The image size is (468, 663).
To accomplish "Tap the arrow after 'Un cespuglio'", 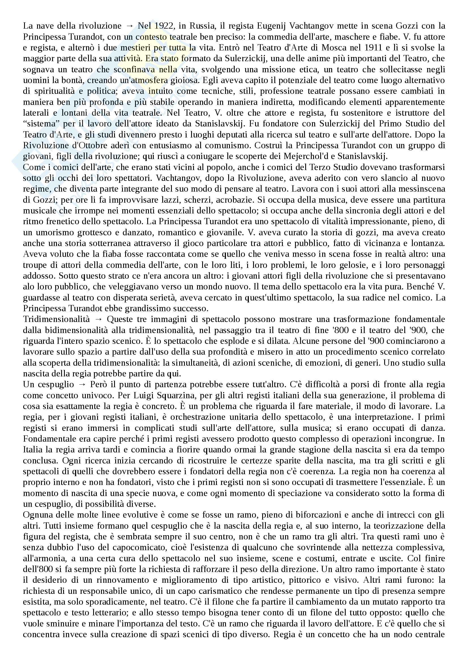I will [82, 385].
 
